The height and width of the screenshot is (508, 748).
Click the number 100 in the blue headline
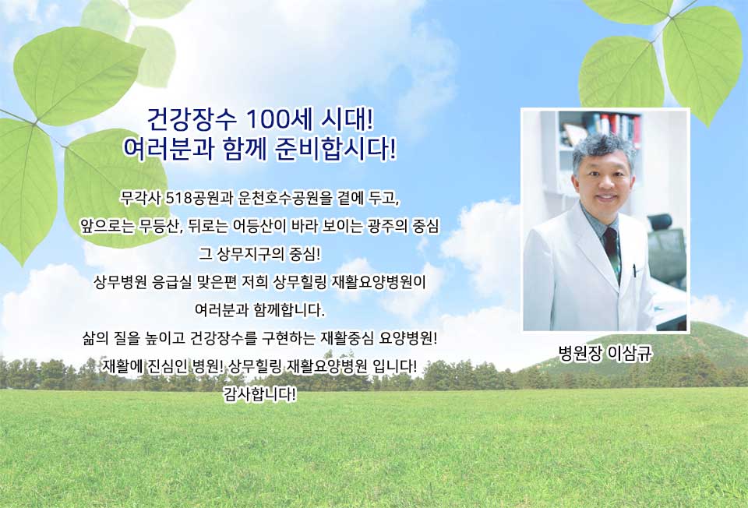(x=267, y=120)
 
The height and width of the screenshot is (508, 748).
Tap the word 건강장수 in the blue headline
(x=192, y=120)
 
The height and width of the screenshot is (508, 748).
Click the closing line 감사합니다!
(x=260, y=394)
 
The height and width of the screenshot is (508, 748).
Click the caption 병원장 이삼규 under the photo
(x=605, y=354)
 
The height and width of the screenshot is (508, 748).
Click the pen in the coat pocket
(x=635, y=271)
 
